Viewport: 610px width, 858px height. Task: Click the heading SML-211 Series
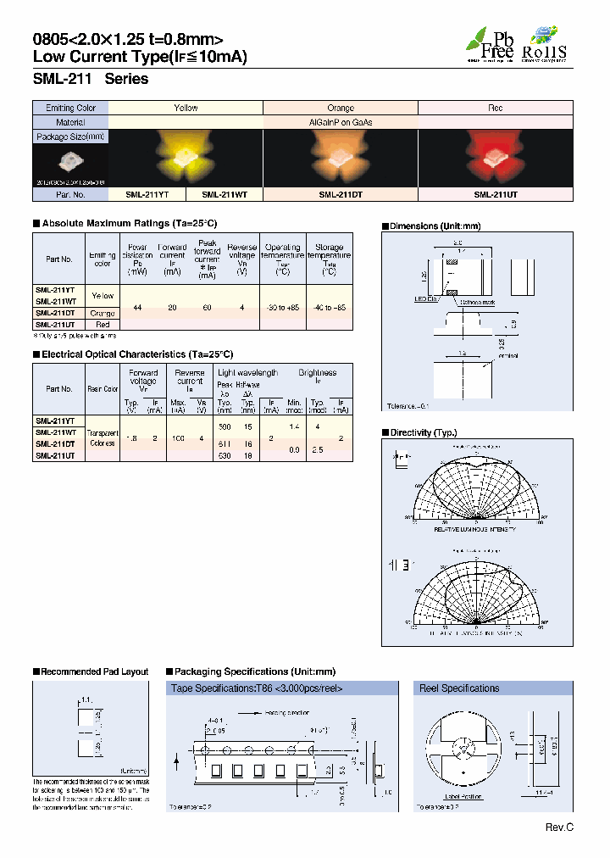[91, 79]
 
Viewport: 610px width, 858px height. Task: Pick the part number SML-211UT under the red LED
[496, 194]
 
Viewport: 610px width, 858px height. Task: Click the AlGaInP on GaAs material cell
[341, 121]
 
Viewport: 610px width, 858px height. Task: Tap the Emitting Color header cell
[71, 108]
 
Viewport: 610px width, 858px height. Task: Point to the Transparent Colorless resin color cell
[103, 437]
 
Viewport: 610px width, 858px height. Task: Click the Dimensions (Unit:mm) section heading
[435, 226]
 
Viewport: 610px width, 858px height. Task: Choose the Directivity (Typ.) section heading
[423, 432]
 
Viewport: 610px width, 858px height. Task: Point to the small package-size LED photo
[70, 160]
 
